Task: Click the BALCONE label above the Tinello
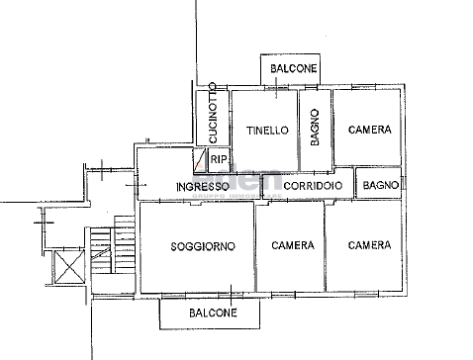(294, 69)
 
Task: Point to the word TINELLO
(267, 130)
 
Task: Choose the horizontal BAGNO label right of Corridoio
(380, 185)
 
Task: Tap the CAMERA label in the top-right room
(369, 130)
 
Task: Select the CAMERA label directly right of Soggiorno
(293, 245)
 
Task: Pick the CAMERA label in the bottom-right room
(368, 245)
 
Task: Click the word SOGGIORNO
(202, 245)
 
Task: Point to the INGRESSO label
(203, 186)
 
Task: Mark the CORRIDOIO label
(313, 186)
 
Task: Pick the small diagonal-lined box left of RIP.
(202, 159)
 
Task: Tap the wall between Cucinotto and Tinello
(230, 119)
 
